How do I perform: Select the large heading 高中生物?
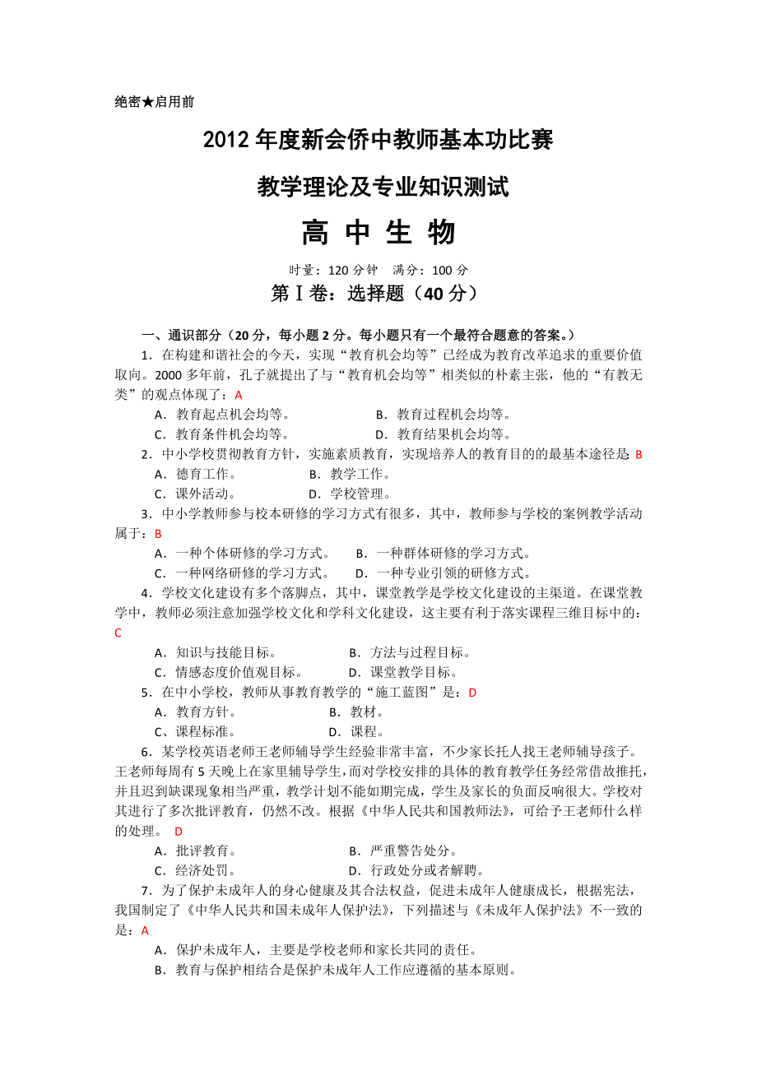tap(378, 233)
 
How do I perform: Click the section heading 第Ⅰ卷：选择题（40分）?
tap(374, 294)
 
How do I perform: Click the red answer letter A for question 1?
tap(239, 395)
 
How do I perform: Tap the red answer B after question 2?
tap(639, 454)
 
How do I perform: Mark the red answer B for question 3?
tap(159, 534)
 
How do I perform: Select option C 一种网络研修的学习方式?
tap(243, 573)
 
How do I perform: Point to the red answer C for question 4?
tap(118, 633)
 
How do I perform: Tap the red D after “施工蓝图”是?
tap(472, 693)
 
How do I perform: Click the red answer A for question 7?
tap(146, 930)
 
